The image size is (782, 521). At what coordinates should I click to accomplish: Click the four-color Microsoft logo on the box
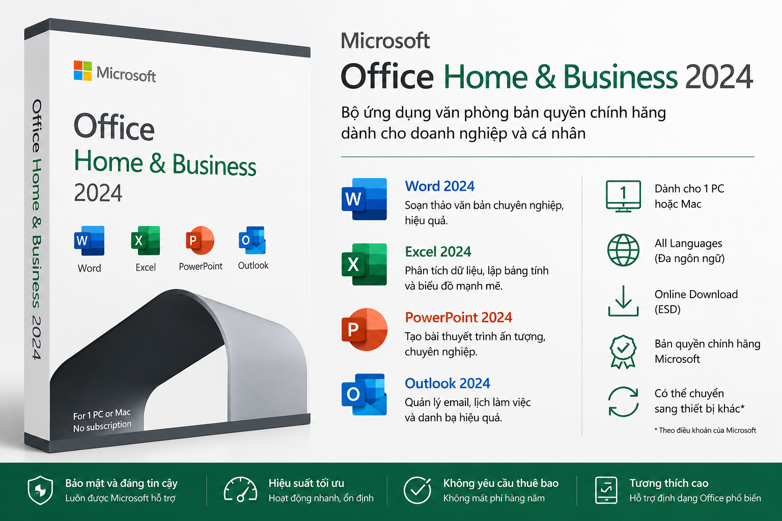coord(83,71)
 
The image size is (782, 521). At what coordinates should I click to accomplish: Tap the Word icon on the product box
coord(90,241)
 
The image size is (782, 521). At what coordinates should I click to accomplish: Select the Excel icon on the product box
coord(146,241)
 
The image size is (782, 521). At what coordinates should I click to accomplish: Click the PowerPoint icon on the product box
coord(200,240)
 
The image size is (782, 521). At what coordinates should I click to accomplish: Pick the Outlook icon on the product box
coord(253,240)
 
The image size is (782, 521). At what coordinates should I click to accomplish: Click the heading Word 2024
coord(439,186)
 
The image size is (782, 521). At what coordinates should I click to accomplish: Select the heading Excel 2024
coord(438,252)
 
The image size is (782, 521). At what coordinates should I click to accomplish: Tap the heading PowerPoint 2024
coord(458,317)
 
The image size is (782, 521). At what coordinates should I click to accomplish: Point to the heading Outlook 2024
coord(447,383)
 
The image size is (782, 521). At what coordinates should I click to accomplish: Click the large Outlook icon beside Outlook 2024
coord(364,394)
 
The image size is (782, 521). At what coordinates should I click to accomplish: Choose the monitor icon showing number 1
coord(623,196)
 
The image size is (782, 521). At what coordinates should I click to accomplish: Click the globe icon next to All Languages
coord(623,250)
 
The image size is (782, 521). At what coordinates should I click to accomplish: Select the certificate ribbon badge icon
coord(623,352)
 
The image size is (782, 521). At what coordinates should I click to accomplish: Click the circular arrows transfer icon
coord(623,401)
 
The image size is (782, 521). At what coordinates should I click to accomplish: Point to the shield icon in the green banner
coord(41,490)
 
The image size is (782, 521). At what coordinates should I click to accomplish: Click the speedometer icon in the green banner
coord(240,489)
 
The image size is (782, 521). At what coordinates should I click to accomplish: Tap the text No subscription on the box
coord(102,426)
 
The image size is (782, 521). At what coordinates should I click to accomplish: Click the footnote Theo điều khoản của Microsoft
coord(705,430)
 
